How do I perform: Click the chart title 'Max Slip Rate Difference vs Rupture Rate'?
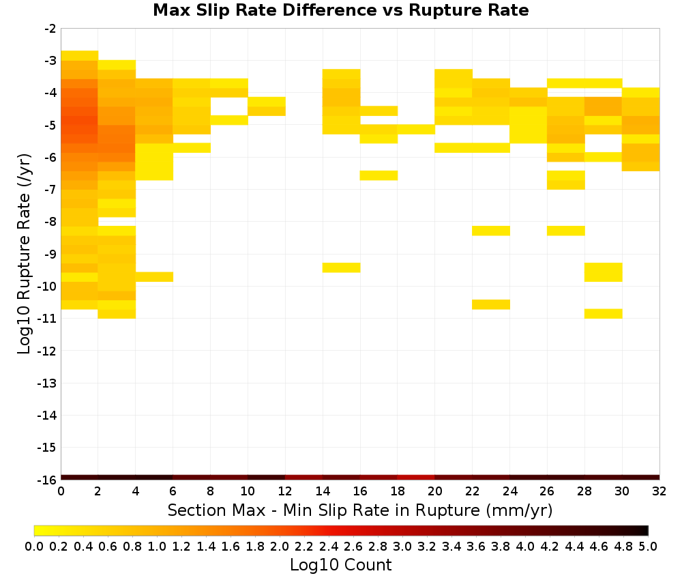tap(341, 10)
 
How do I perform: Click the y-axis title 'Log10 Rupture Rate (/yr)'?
tap(24, 254)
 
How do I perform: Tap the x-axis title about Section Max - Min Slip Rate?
tap(359, 510)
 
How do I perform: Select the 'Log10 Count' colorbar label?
tap(340, 565)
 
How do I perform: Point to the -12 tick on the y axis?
tap(47, 351)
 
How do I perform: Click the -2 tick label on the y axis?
tap(50, 29)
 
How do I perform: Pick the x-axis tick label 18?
tap(398, 491)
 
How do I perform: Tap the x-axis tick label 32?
tap(659, 491)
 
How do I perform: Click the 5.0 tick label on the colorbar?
tap(648, 546)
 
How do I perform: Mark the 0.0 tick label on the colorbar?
tap(34, 546)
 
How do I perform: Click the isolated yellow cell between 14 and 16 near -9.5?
tap(342, 267)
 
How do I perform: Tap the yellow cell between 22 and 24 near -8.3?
tap(491, 231)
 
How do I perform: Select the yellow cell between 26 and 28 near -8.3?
tap(566, 231)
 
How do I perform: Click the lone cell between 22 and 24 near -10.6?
tap(491, 304)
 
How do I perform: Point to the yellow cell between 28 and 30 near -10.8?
tap(604, 314)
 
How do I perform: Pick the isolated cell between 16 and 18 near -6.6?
tap(379, 175)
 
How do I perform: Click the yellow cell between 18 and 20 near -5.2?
tap(416, 129)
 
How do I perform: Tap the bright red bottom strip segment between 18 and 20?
tap(416, 478)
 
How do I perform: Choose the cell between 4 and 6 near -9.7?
tap(154, 277)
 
